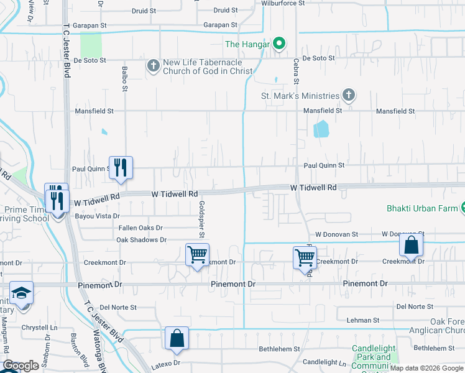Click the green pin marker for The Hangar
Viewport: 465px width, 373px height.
(279, 44)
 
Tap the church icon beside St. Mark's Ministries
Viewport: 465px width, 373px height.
(349, 96)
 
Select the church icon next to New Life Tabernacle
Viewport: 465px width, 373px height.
(153, 65)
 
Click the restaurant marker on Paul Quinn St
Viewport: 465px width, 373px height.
(121, 167)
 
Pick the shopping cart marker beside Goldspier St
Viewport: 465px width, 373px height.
(197, 254)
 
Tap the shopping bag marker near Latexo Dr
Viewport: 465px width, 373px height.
(177, 339)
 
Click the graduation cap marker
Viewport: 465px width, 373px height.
(21, 293)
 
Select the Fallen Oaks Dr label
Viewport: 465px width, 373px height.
(140, 228)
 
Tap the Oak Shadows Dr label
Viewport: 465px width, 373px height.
(142, 239)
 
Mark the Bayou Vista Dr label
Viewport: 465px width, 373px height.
(97, 216)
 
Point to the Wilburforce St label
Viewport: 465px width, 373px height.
(283, 3)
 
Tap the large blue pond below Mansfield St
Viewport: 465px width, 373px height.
(321, 129)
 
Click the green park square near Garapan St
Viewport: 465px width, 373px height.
(91, 44)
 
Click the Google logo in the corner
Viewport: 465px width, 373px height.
(21, 366)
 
